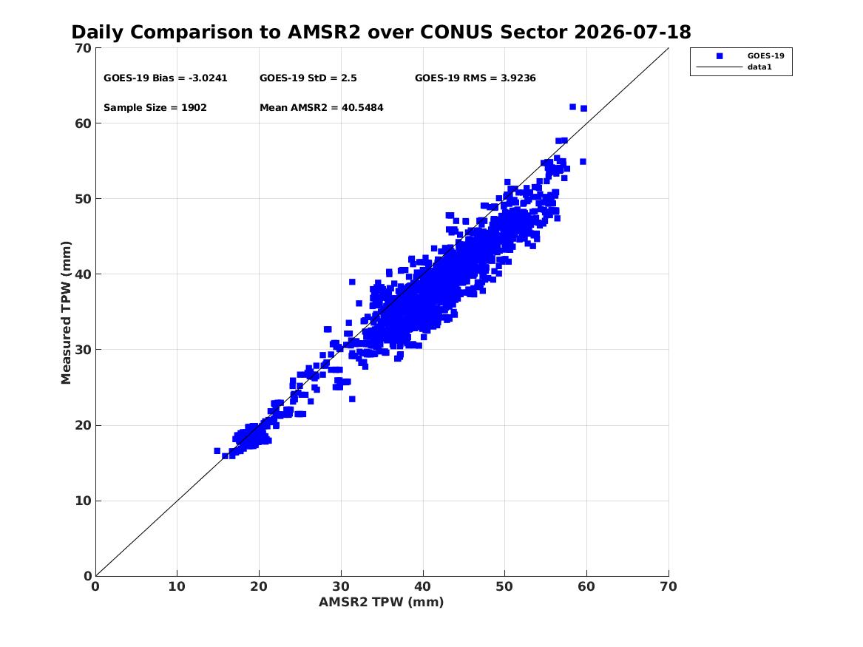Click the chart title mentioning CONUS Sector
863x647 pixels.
[381, 32]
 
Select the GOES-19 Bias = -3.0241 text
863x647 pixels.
[166, 78]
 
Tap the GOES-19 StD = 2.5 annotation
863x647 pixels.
[308, 78]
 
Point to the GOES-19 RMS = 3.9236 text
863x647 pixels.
[476, 78]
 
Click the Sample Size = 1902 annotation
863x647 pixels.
[155, 108]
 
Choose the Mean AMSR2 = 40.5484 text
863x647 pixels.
[322, 108]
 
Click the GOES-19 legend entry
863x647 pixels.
[765, 55]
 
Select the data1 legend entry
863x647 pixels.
[759, 67]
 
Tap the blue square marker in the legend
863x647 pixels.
[720, 56]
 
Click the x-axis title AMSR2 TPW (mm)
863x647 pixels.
[382, 602]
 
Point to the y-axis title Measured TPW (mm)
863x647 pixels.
[66, 313]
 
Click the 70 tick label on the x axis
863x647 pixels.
[669, 586]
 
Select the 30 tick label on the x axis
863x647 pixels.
[341, 586]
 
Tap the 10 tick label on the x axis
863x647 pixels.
[177, 586]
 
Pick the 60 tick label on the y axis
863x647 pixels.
[84, 123]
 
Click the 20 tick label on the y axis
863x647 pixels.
[84, 425]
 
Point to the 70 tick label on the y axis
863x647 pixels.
[84, 48]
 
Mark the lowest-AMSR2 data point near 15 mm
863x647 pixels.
[217, 451]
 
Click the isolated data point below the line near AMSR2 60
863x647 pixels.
[583, 162]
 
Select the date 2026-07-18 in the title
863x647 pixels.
[632, 32]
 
